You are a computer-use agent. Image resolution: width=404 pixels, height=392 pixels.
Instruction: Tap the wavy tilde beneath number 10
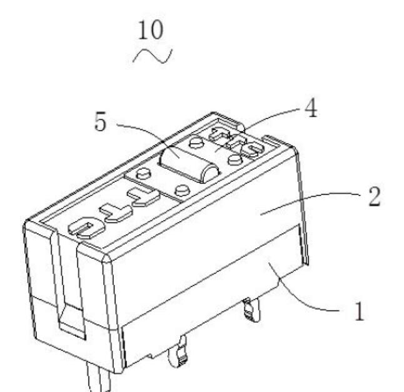click(x=153, y=56)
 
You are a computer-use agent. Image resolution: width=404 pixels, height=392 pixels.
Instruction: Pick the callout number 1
click(x=358, y=311)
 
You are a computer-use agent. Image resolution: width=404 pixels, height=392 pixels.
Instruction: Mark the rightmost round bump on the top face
click(x=235, y=159)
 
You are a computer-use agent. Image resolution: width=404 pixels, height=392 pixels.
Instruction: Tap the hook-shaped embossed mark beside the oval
click(x=118, y=213)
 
